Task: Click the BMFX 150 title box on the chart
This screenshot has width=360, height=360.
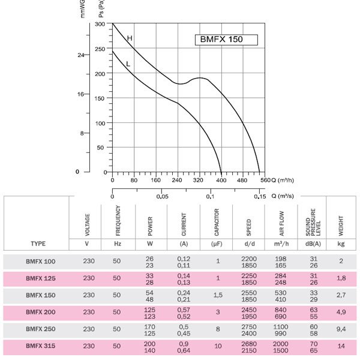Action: (x=226, y=40)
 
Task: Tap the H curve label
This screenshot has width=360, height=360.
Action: (x=129, y=38)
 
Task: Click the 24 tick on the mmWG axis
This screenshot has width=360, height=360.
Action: (x=82, y=55)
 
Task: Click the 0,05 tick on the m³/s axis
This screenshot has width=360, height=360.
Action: (x=162, y=196)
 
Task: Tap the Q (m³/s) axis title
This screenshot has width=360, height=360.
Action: (x=282, y=196)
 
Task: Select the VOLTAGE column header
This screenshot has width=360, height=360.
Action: (x=88, y=222)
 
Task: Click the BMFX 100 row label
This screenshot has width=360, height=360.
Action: (x=40, y=262)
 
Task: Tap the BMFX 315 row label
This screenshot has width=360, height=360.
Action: (x=40, y=346)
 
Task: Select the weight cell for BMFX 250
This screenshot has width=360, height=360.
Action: (x=341, y=329)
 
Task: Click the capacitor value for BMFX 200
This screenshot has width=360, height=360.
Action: (x=217, y=312)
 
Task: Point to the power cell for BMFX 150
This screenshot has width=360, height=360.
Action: (x=149, y=295)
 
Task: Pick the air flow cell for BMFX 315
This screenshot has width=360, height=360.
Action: (x=281, y=346)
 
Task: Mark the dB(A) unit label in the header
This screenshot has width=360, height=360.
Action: (x=313, y=244)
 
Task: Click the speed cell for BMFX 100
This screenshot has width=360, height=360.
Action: (x=249, y=262)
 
